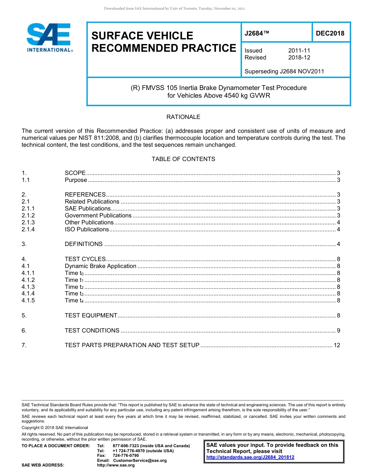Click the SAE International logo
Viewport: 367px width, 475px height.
pyautogui.click(x=49, y=38)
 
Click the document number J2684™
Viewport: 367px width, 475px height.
pyautogui.click(x=257, y=34)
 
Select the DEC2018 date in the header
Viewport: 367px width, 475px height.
pyautogui.click(x=330, y=34)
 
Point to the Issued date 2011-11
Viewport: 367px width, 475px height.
pyautogui.click(x=299, y=51)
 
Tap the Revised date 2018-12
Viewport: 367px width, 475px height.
pyautogui.click(x=299, y=58)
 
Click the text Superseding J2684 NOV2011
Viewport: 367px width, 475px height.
pyautogui.click(x=284, y=71)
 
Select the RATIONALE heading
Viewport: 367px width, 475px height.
pyautogui.click(x=183, y=117)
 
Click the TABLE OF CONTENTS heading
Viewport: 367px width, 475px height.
pyautogui.click(x=183, y=159)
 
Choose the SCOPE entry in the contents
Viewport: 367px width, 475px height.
pyautogui.click(x=75, y=173)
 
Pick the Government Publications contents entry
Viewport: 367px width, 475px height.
pyautogui.click(x=98, y=215)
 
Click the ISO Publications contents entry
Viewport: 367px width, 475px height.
pyautogui.click(x=87, y=229)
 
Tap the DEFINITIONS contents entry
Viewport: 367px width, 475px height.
pyautogui.click(x=83, y=244)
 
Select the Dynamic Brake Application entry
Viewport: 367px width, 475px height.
pyautogui.click(x=100, y=266)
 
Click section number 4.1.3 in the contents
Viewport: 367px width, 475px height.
pyautogui.click(x=28, y=287)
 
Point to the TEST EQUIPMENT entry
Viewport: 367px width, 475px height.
pyautogui.click(x=91, y=316)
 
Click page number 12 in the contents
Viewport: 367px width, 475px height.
pyautogui.click(x=336, y=345)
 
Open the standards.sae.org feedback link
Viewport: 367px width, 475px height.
pyautogui.click(x=250, y=457)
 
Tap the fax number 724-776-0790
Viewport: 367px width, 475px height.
pyautogui.click(x=126, y=455)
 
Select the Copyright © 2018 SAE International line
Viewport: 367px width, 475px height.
pyautogui.click(x=55, y=427)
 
